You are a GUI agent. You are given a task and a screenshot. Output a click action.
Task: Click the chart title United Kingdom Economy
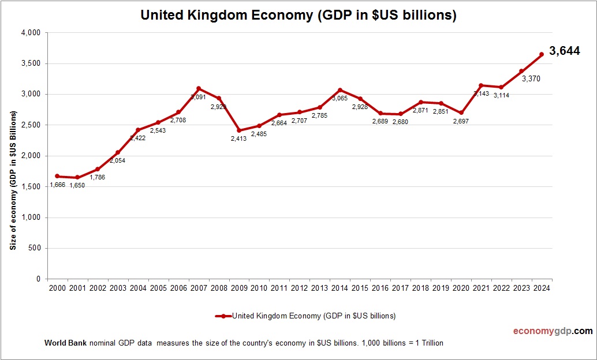[x=298, y=16]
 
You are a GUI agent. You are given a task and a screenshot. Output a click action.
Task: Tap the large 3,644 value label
[x=564, y=51]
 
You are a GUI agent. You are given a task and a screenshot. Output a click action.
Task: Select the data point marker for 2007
[x=198, y=88]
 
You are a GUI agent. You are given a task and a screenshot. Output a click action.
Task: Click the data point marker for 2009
[x=238, y=130]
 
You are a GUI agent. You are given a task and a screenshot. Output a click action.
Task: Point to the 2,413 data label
[x=238, y=139]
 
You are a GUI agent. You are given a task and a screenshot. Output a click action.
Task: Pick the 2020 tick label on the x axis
[x=461, y=287]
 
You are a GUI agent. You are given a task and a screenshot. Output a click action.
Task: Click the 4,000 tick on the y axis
[x=30, y=33]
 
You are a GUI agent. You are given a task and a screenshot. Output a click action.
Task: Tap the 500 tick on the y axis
[x=34, y=248]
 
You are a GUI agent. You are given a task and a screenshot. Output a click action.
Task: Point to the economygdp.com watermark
[x=553, y=331]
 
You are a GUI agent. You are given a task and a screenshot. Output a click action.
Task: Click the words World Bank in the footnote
[x=65, y=343]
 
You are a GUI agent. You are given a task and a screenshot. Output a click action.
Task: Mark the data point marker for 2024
[x=542, y=54]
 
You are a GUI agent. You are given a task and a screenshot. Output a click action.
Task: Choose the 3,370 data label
[x=531, y=78]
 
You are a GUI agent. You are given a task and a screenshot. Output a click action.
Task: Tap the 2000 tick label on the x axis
[x=57, y=287]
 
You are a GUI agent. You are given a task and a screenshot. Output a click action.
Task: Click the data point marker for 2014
[x=340, y=90]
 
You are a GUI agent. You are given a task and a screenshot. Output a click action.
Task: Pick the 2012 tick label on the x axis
[x=299, y=287]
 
